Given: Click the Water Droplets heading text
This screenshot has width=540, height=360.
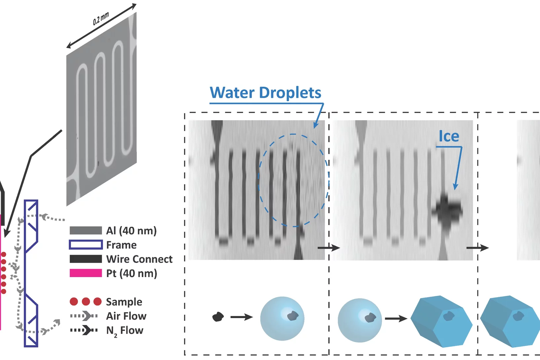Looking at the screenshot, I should [x=265, y=93].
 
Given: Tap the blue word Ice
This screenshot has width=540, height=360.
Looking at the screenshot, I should [x=449, y=136].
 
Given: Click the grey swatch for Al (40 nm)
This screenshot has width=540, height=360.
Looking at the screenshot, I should [x=86, y=231].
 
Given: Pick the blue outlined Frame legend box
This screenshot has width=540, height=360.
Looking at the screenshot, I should [x=86, y=245].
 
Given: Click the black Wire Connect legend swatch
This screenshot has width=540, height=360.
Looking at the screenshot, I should [x=86, y=259].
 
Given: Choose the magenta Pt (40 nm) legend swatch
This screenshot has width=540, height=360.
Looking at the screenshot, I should [x=86, y=273].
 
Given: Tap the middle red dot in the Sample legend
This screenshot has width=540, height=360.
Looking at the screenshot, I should [x=86, y=302].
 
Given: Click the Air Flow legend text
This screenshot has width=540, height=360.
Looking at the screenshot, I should [x=126, y=316].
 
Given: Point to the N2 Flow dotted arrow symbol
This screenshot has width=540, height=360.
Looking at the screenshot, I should [x=84, y=330].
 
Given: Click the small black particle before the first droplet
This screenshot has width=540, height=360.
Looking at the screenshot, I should [x=218, y=317].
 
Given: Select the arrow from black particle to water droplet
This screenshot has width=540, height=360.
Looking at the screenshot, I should [x=241, y=317].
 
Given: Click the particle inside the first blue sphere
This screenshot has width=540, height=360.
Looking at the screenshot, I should [x=293, y=316].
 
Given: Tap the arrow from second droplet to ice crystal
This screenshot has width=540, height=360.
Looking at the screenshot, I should [x=396, y=319].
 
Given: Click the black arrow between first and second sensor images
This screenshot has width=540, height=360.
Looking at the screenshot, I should [x=329, y=248].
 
